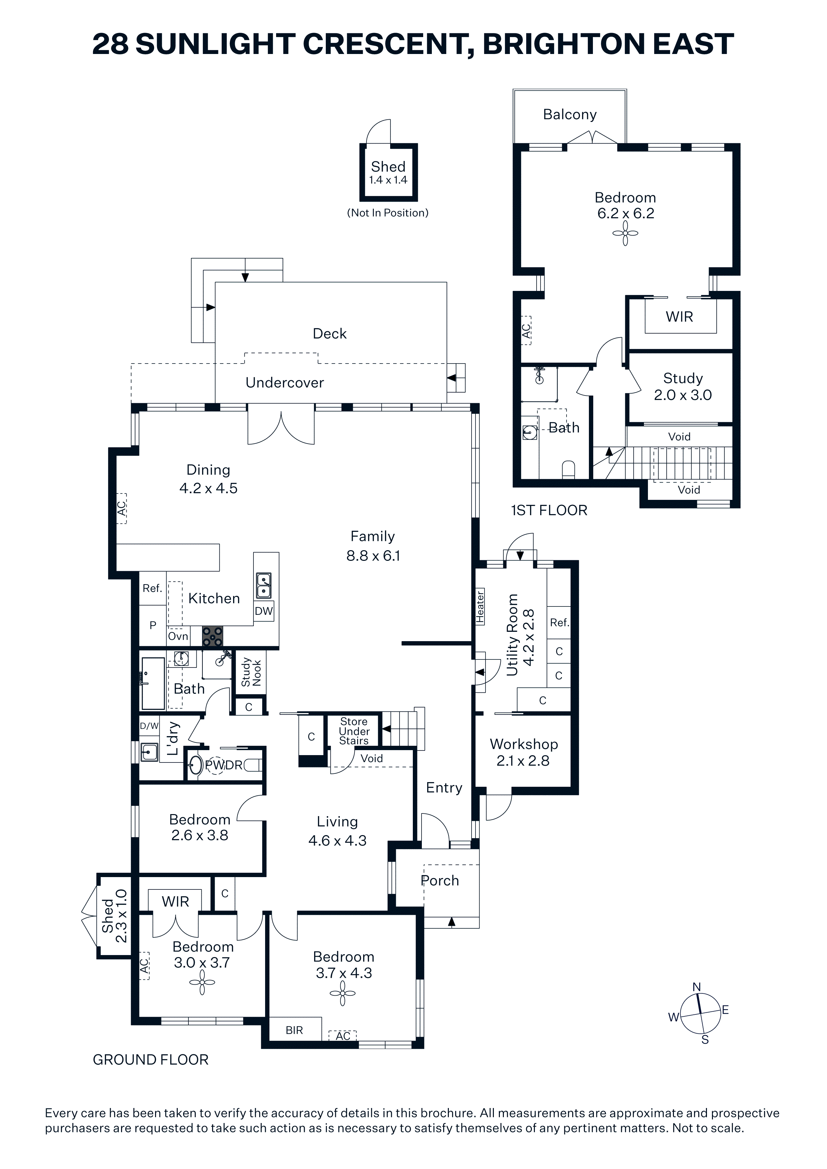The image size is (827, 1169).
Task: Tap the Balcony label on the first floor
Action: pos(570,115)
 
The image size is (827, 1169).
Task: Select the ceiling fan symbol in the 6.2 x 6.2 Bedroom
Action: pos(625,234)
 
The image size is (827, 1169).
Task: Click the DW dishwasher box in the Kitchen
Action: pos(263,611)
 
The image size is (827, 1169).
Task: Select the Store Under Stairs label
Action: pos(354,731)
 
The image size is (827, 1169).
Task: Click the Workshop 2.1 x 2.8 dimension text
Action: pos(523,761)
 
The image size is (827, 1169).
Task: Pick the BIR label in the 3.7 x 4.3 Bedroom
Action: pos(294,1030)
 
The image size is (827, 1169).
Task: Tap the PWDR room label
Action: pos(224,765)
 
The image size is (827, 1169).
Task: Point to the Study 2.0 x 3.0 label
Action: pos(683,387)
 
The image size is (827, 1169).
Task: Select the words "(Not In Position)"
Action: pos(388,213)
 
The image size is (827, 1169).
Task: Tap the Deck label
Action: pos(330,334)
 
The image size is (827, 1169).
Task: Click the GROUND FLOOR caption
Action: pos(151,1060)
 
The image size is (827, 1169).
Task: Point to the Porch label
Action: pos(440,881)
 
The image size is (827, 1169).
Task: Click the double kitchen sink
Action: pos(263,585)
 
